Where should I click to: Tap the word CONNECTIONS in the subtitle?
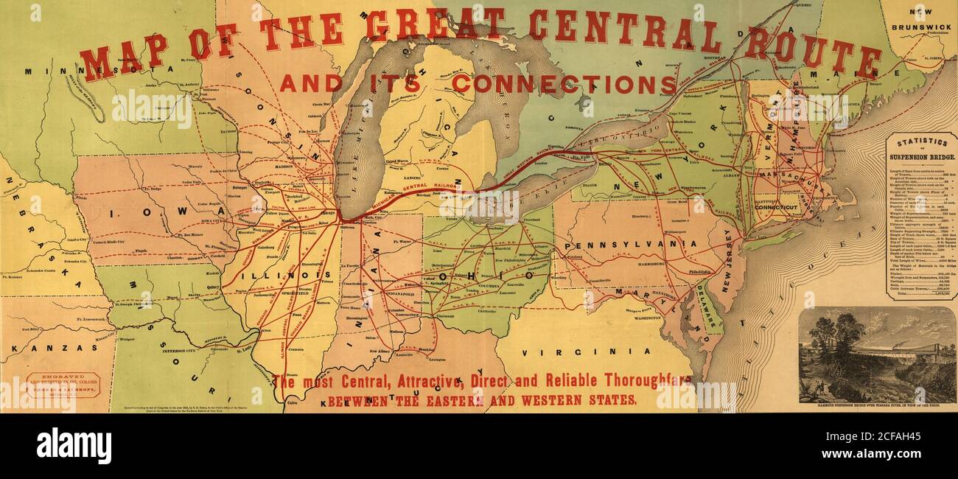(x=564, y=84)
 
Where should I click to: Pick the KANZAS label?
(x=54, y=347)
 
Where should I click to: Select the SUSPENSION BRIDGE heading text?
(x=922, y=157)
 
